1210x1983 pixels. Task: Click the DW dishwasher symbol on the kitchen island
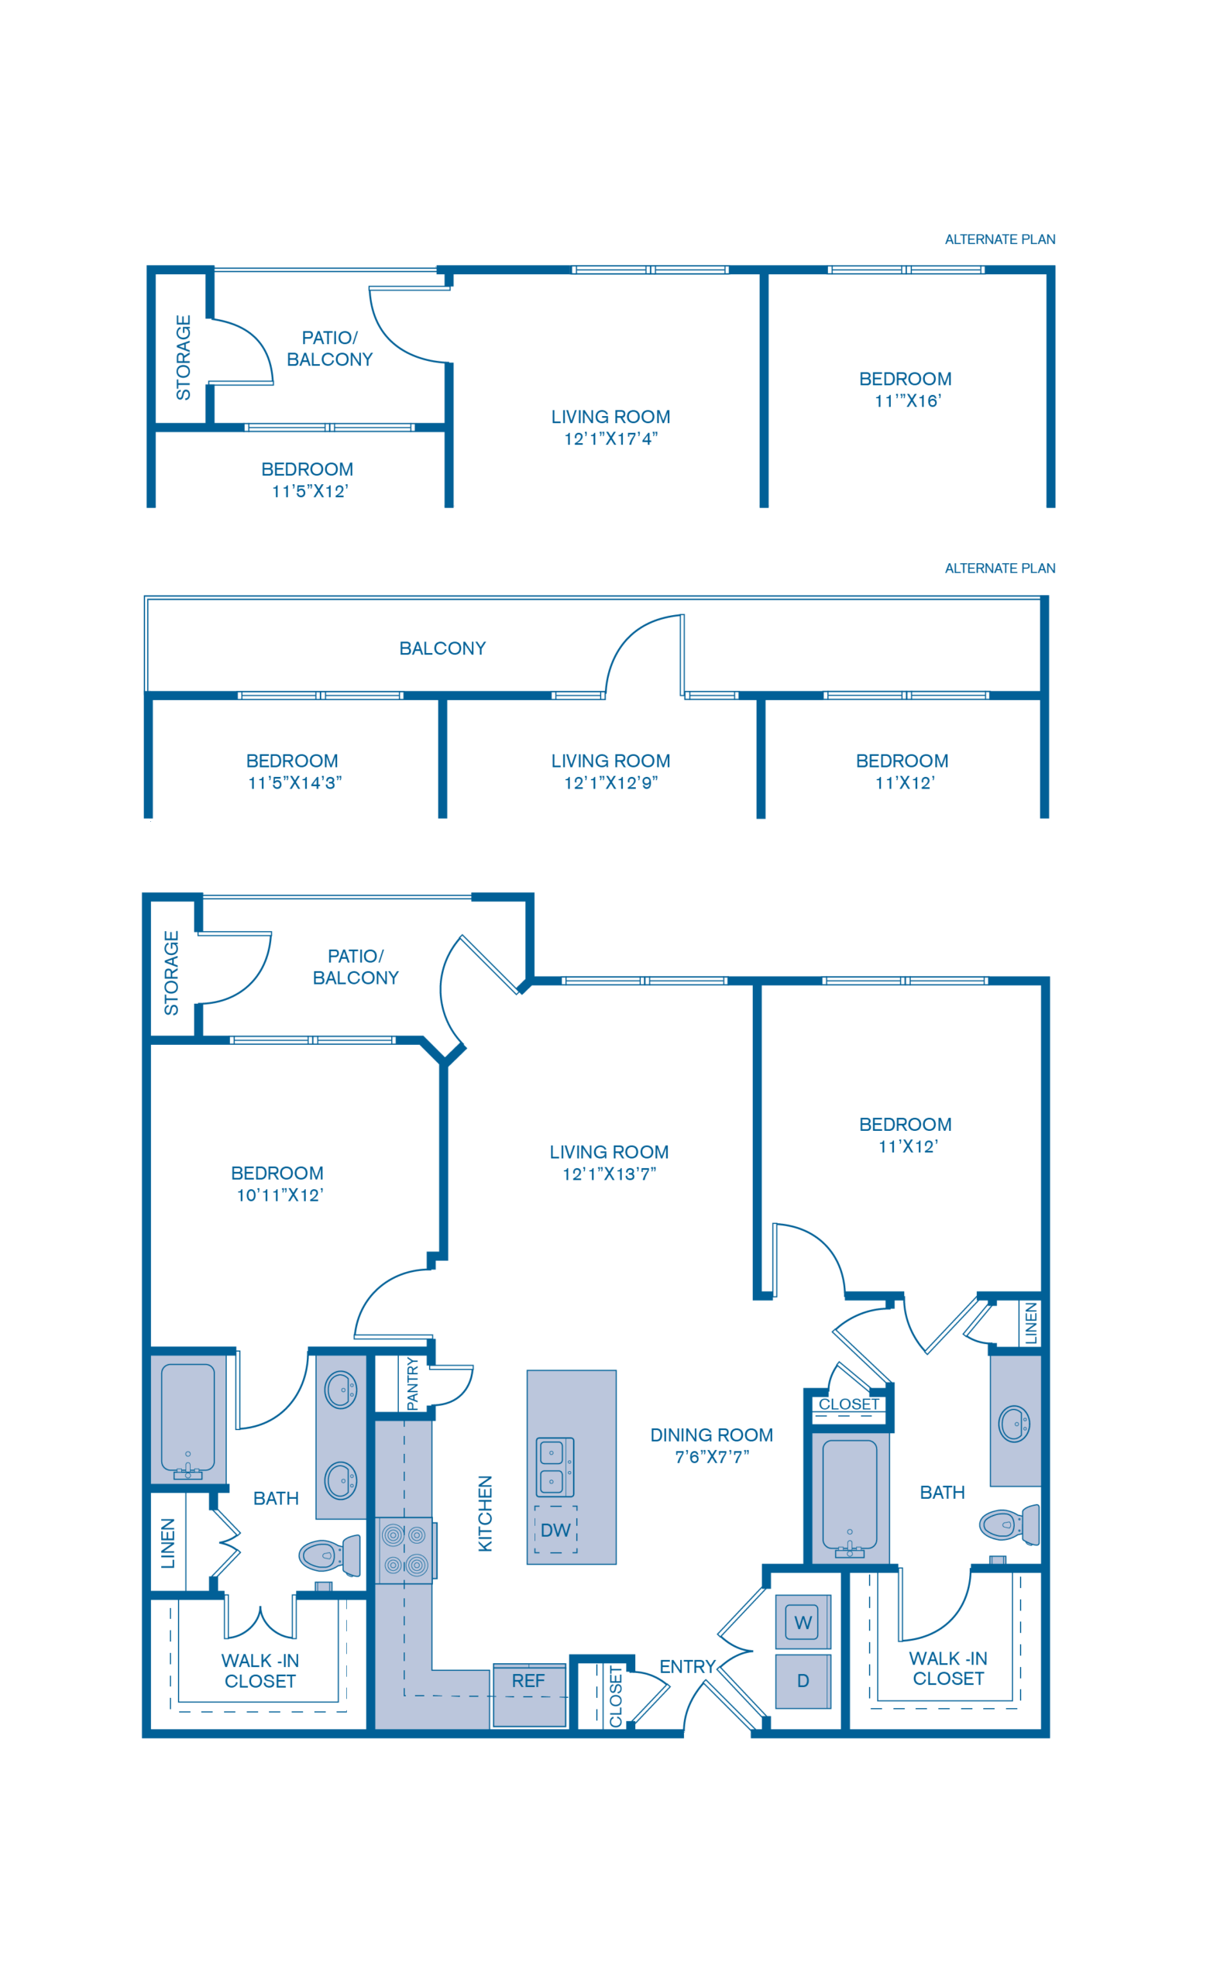tap(555, 1530)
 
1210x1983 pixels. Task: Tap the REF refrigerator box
tap(529, 1695)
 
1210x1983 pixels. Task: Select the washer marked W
tap(803, 1623)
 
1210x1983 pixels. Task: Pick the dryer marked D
tap(803, 1681)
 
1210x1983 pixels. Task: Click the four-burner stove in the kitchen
tap(405, 1550)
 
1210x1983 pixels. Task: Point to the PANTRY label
tap(413, 1383)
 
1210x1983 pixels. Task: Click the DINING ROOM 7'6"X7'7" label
tap(712, 1445)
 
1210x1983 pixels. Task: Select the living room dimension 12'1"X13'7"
tap(610, 1174)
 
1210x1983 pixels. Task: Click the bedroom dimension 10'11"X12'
tap(280, 1195)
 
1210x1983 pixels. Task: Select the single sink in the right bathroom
tap(1013, 1424)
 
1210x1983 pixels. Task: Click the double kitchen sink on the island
tap(555, 1467)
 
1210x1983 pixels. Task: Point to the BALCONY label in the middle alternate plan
tap(442, 648)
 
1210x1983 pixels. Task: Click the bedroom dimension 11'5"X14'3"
tap(294, 783)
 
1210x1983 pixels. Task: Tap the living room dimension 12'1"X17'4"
tap(611, 439)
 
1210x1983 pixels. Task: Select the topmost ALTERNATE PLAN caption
tap(999, 240)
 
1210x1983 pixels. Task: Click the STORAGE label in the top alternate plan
tap(184, 357)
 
